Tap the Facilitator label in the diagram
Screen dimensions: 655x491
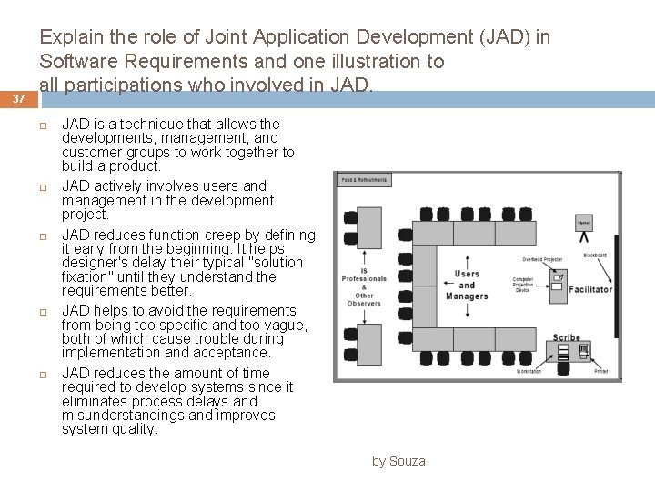coord(590,290)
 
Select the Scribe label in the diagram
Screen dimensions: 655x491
coord(566,338)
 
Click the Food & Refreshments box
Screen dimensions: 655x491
coord(364,180)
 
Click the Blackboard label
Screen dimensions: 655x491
coord(596,256)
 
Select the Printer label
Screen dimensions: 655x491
coord(601,371)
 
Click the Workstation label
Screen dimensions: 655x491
coord(529,371)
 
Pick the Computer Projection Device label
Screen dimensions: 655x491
coord(523,285)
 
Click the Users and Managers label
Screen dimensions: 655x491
coord(467,285)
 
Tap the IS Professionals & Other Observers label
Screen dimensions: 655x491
coord(364,286)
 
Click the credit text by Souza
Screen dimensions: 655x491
coord(398,461)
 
